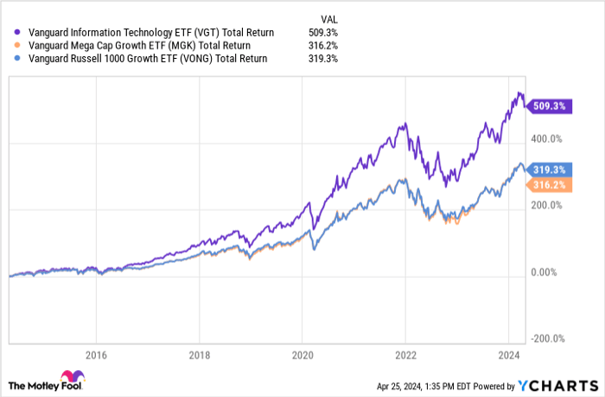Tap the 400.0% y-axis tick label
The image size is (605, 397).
click(546, 138)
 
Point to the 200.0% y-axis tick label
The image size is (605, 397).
click(546, 206)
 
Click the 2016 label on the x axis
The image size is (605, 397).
click(96, 354)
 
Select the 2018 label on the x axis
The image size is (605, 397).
click(200, 354)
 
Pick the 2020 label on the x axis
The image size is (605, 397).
click(302, 354)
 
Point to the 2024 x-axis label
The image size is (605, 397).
click(509, 354)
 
